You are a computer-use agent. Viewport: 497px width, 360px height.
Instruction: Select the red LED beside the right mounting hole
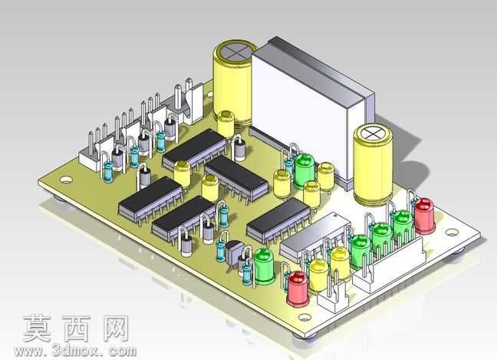424,216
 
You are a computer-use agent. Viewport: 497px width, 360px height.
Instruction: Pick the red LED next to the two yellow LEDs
298,289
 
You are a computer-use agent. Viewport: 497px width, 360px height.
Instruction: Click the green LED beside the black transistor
264,266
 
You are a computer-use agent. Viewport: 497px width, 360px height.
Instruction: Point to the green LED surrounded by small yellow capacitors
304,170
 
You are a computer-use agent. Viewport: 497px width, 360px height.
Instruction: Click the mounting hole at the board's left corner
66,180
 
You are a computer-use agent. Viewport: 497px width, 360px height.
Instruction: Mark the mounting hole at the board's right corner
452,233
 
